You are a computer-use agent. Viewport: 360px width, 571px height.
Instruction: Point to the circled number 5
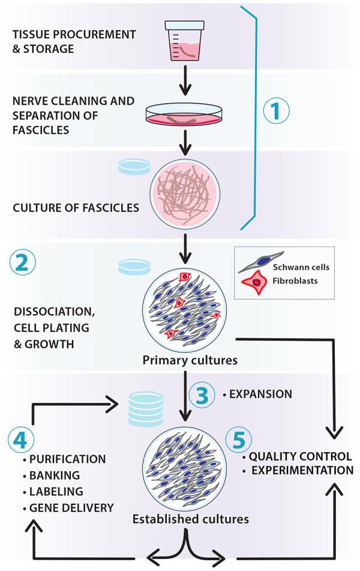237,441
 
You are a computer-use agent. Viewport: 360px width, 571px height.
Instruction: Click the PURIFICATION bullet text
67,459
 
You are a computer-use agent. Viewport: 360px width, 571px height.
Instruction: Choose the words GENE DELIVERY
71,508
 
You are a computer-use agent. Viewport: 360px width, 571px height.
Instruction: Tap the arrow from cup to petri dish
185,85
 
